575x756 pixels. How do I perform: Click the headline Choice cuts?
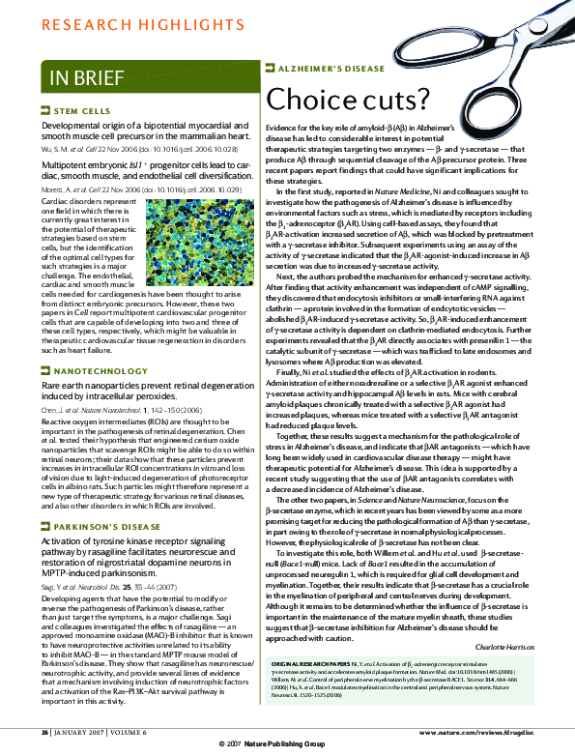[348, 99]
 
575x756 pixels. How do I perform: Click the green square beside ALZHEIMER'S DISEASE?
[269, 71]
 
